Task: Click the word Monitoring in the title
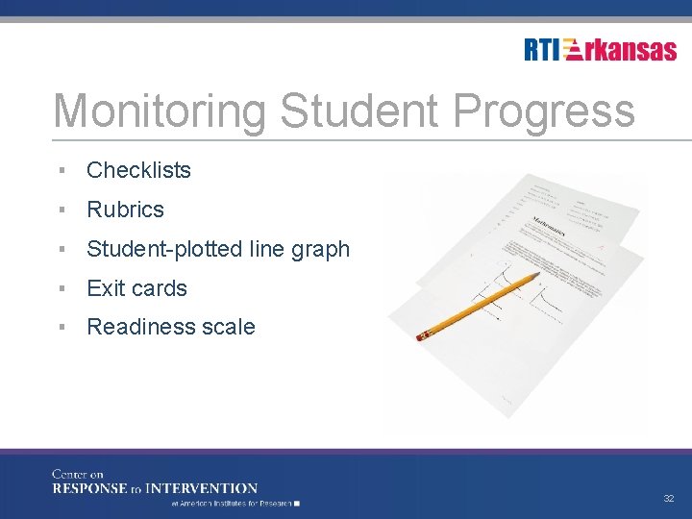(159, 111)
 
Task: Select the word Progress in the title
(543, 111)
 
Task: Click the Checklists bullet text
(138, 170)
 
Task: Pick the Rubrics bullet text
(125, 210)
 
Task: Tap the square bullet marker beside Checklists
(61, 170)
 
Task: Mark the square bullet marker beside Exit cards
(61, 288)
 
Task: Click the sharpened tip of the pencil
(538, 275)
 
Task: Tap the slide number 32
(668, 499)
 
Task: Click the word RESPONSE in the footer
(89, 488)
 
